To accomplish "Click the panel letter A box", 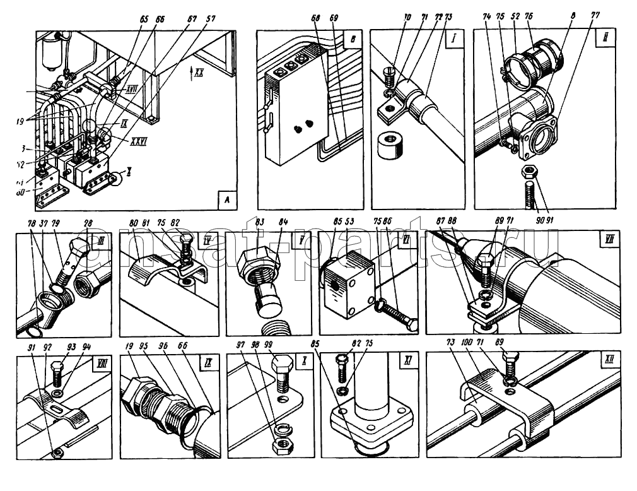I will [227, 201].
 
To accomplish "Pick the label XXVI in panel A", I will [139, 141].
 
